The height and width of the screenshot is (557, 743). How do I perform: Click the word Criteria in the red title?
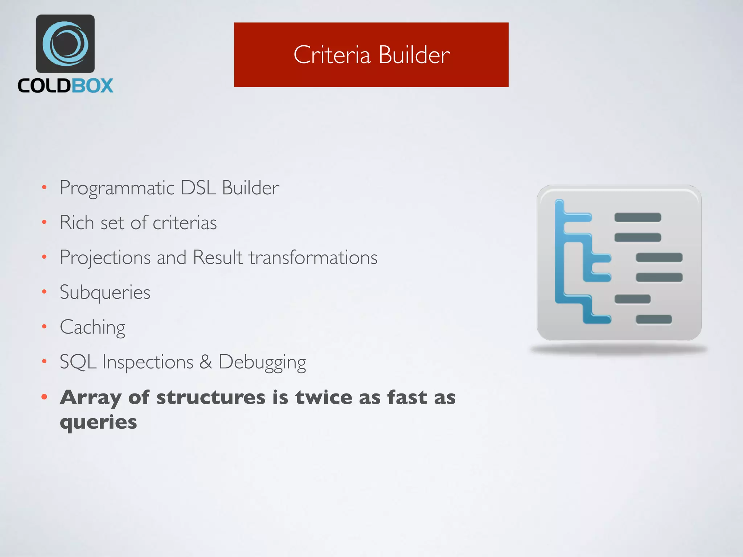(332, 55)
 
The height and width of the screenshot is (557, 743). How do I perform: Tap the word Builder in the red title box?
(414, 55)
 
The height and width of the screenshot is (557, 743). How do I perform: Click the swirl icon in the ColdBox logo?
(65, 44)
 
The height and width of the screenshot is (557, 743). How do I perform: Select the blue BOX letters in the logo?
(92, 86)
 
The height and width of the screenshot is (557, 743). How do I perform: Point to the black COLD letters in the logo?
(44, 86)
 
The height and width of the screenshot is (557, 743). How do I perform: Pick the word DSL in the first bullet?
(198, 188)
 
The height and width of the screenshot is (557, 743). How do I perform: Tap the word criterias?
(185, 223)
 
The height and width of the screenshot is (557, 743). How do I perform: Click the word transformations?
(313, 257)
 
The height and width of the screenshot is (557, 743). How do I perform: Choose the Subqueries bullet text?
(105, 292)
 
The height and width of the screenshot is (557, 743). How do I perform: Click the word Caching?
(93, 327)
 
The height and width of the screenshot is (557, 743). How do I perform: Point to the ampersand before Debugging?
(206, 362)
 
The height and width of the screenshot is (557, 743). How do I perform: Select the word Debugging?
(262, 362)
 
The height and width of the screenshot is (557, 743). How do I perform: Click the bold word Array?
(90, 398)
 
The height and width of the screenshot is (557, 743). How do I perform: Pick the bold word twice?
(323, 397)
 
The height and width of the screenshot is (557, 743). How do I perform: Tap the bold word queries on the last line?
(98, 422)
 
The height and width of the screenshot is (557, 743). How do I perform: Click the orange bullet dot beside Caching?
(44, 327)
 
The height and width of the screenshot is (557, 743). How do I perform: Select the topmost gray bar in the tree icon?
(637, 218)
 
